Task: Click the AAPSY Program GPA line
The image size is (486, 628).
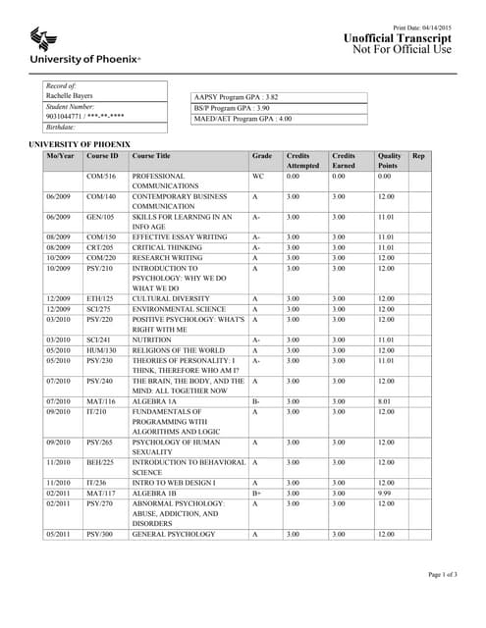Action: pyautogui.click(x=237, y=97)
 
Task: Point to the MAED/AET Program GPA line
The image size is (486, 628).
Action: pyautogui.click(x=243, y=119)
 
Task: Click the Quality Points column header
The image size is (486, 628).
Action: pyautogui.click(x=390, y=161)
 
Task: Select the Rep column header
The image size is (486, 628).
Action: pyautogui.click(x=418, y=156)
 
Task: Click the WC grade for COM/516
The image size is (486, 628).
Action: pyautogui.click(x=258, y=176)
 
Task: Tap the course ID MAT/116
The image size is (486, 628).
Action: pyautogui.click(x=101, y=401)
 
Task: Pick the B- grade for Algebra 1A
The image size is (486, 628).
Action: pyautogui.click(x=255, y=401)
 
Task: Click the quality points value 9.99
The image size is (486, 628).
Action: pyautogui.click(x=385, y=495)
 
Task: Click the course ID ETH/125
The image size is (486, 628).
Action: pyautogui.click(x=100, y=298)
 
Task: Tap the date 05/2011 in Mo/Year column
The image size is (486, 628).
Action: pyautogui.click(x=58, y=535)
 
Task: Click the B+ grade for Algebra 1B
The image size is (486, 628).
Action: pyautogui.click(x=256, y=495)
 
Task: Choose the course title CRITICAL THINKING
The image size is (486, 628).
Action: pyautogui.click(x=168, y=247)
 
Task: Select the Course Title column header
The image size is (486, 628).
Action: pyautogui.click(x=152, y=156)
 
